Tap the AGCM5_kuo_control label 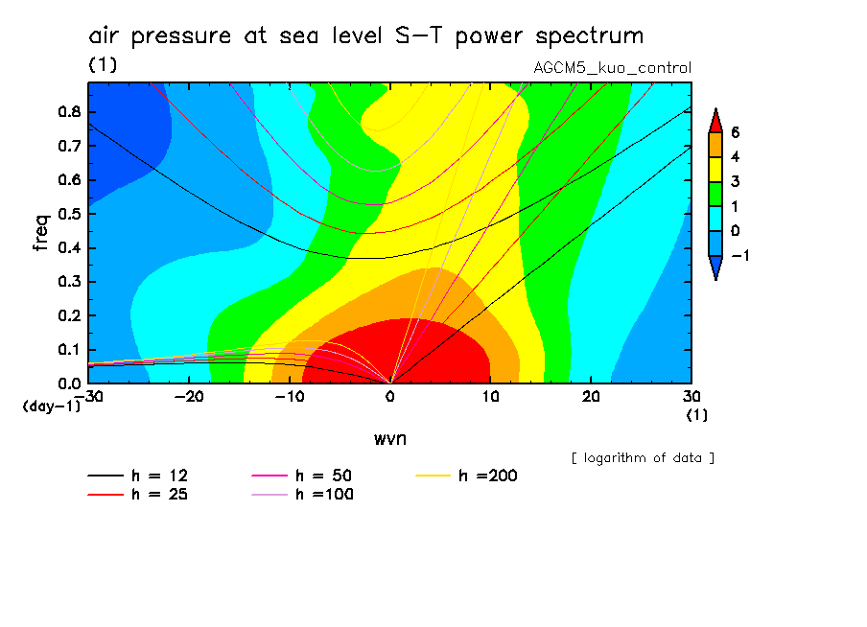tap(612, 68)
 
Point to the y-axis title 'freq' tap(41, 232)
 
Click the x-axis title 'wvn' tap(389, 438)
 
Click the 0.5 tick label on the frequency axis tap(68, 214)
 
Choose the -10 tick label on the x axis tap(289, 397)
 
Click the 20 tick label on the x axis tap(591, 397)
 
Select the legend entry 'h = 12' tap(159, 476)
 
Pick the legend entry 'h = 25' tap(159, 495)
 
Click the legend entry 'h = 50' tap(323, 476)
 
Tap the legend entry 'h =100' tap(323, 495)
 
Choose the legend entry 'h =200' tap(488, 476)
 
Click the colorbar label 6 tap(735, 132)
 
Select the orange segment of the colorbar tap(715, 145)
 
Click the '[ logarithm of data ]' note tap(643, 458)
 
